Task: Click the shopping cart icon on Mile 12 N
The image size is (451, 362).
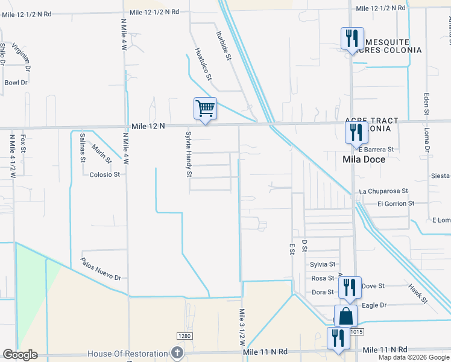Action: (205, 109)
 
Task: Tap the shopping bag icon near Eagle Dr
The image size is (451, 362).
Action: (346, 316)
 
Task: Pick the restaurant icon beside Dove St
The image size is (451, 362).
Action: (349, 288)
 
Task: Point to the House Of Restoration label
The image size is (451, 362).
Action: (128, 353)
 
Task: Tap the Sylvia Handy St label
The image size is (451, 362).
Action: (189, 154)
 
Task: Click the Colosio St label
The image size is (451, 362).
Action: (105, 174)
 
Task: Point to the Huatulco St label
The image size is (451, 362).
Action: (204, 64)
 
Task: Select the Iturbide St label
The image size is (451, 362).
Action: (222, 46)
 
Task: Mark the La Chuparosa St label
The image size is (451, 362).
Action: (383, 191)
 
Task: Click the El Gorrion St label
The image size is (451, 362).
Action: (396, 204)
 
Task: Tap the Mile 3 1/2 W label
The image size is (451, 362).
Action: (242, 326)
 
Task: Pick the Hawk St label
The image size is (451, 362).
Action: (417, 293)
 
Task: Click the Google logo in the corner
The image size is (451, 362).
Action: (20, 355)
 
